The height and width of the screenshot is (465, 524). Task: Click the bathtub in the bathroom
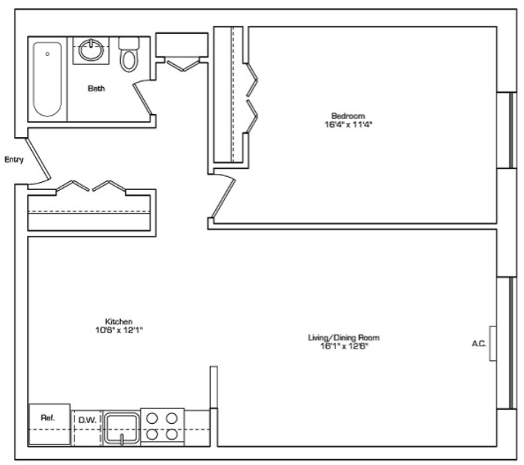point(47,79)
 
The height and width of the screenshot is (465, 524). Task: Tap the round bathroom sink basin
point(91,50)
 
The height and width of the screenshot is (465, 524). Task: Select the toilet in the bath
point(129,55)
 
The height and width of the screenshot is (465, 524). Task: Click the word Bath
point(97,88)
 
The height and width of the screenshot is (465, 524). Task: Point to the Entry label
point(14,160)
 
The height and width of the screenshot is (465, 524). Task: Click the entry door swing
point(38,159)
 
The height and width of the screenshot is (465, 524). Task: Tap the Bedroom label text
point(348,116)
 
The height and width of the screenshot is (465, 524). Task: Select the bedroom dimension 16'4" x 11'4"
point(348,125)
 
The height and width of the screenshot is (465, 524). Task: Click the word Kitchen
point(119,322)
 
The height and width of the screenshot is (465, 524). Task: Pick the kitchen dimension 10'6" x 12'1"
point(119,330)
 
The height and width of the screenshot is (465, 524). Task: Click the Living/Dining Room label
point(343,338)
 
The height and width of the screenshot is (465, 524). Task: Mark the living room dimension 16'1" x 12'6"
point(344,346)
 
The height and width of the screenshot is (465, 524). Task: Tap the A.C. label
point(479,343)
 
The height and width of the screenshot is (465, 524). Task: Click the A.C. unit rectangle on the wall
point(492,343)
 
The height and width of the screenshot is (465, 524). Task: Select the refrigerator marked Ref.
point(50,424)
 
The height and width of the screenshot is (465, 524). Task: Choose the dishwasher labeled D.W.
point(87,427)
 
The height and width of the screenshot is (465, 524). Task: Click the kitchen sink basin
point(122,428)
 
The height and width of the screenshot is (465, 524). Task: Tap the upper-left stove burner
point(152,419)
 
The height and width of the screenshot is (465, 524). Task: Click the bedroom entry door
point(223,197)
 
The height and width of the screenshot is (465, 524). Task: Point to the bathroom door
point(143,99)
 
